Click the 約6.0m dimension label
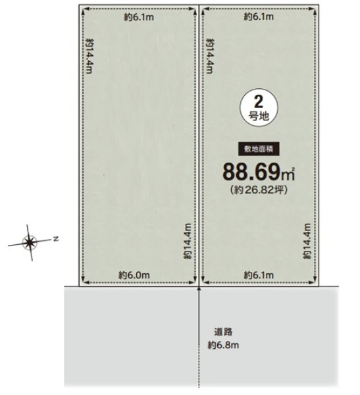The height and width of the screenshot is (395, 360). [134, 275]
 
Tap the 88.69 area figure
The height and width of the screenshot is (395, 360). [252, 172]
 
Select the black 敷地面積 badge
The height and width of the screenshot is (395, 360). [259, 149]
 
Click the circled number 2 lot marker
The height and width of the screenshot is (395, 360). [259, 107]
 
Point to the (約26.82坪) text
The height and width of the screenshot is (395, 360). [259, 190]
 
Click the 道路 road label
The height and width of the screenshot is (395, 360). [223, 332]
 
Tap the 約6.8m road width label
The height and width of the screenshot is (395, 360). [223, 345]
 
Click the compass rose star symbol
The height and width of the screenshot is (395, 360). [30, 242]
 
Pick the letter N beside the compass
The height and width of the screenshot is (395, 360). [56, 238]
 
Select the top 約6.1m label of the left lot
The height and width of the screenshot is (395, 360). [139, 17]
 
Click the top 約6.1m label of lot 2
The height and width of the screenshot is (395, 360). [259, 16]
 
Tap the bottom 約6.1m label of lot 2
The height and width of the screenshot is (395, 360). [259, 275]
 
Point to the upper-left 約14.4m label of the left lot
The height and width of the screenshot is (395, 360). [90, 56]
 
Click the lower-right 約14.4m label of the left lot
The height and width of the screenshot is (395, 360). [188, 241]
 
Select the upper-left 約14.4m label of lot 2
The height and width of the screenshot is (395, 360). [210, 56]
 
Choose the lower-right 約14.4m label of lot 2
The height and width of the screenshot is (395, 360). [307, 241]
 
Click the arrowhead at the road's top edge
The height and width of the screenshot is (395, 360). [199, 288]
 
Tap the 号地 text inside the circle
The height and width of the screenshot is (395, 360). [259, 117]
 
